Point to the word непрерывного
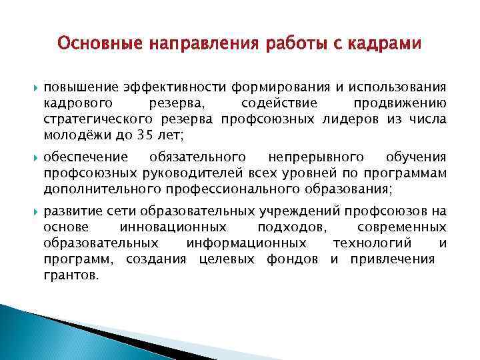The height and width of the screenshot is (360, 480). (316, 157)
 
